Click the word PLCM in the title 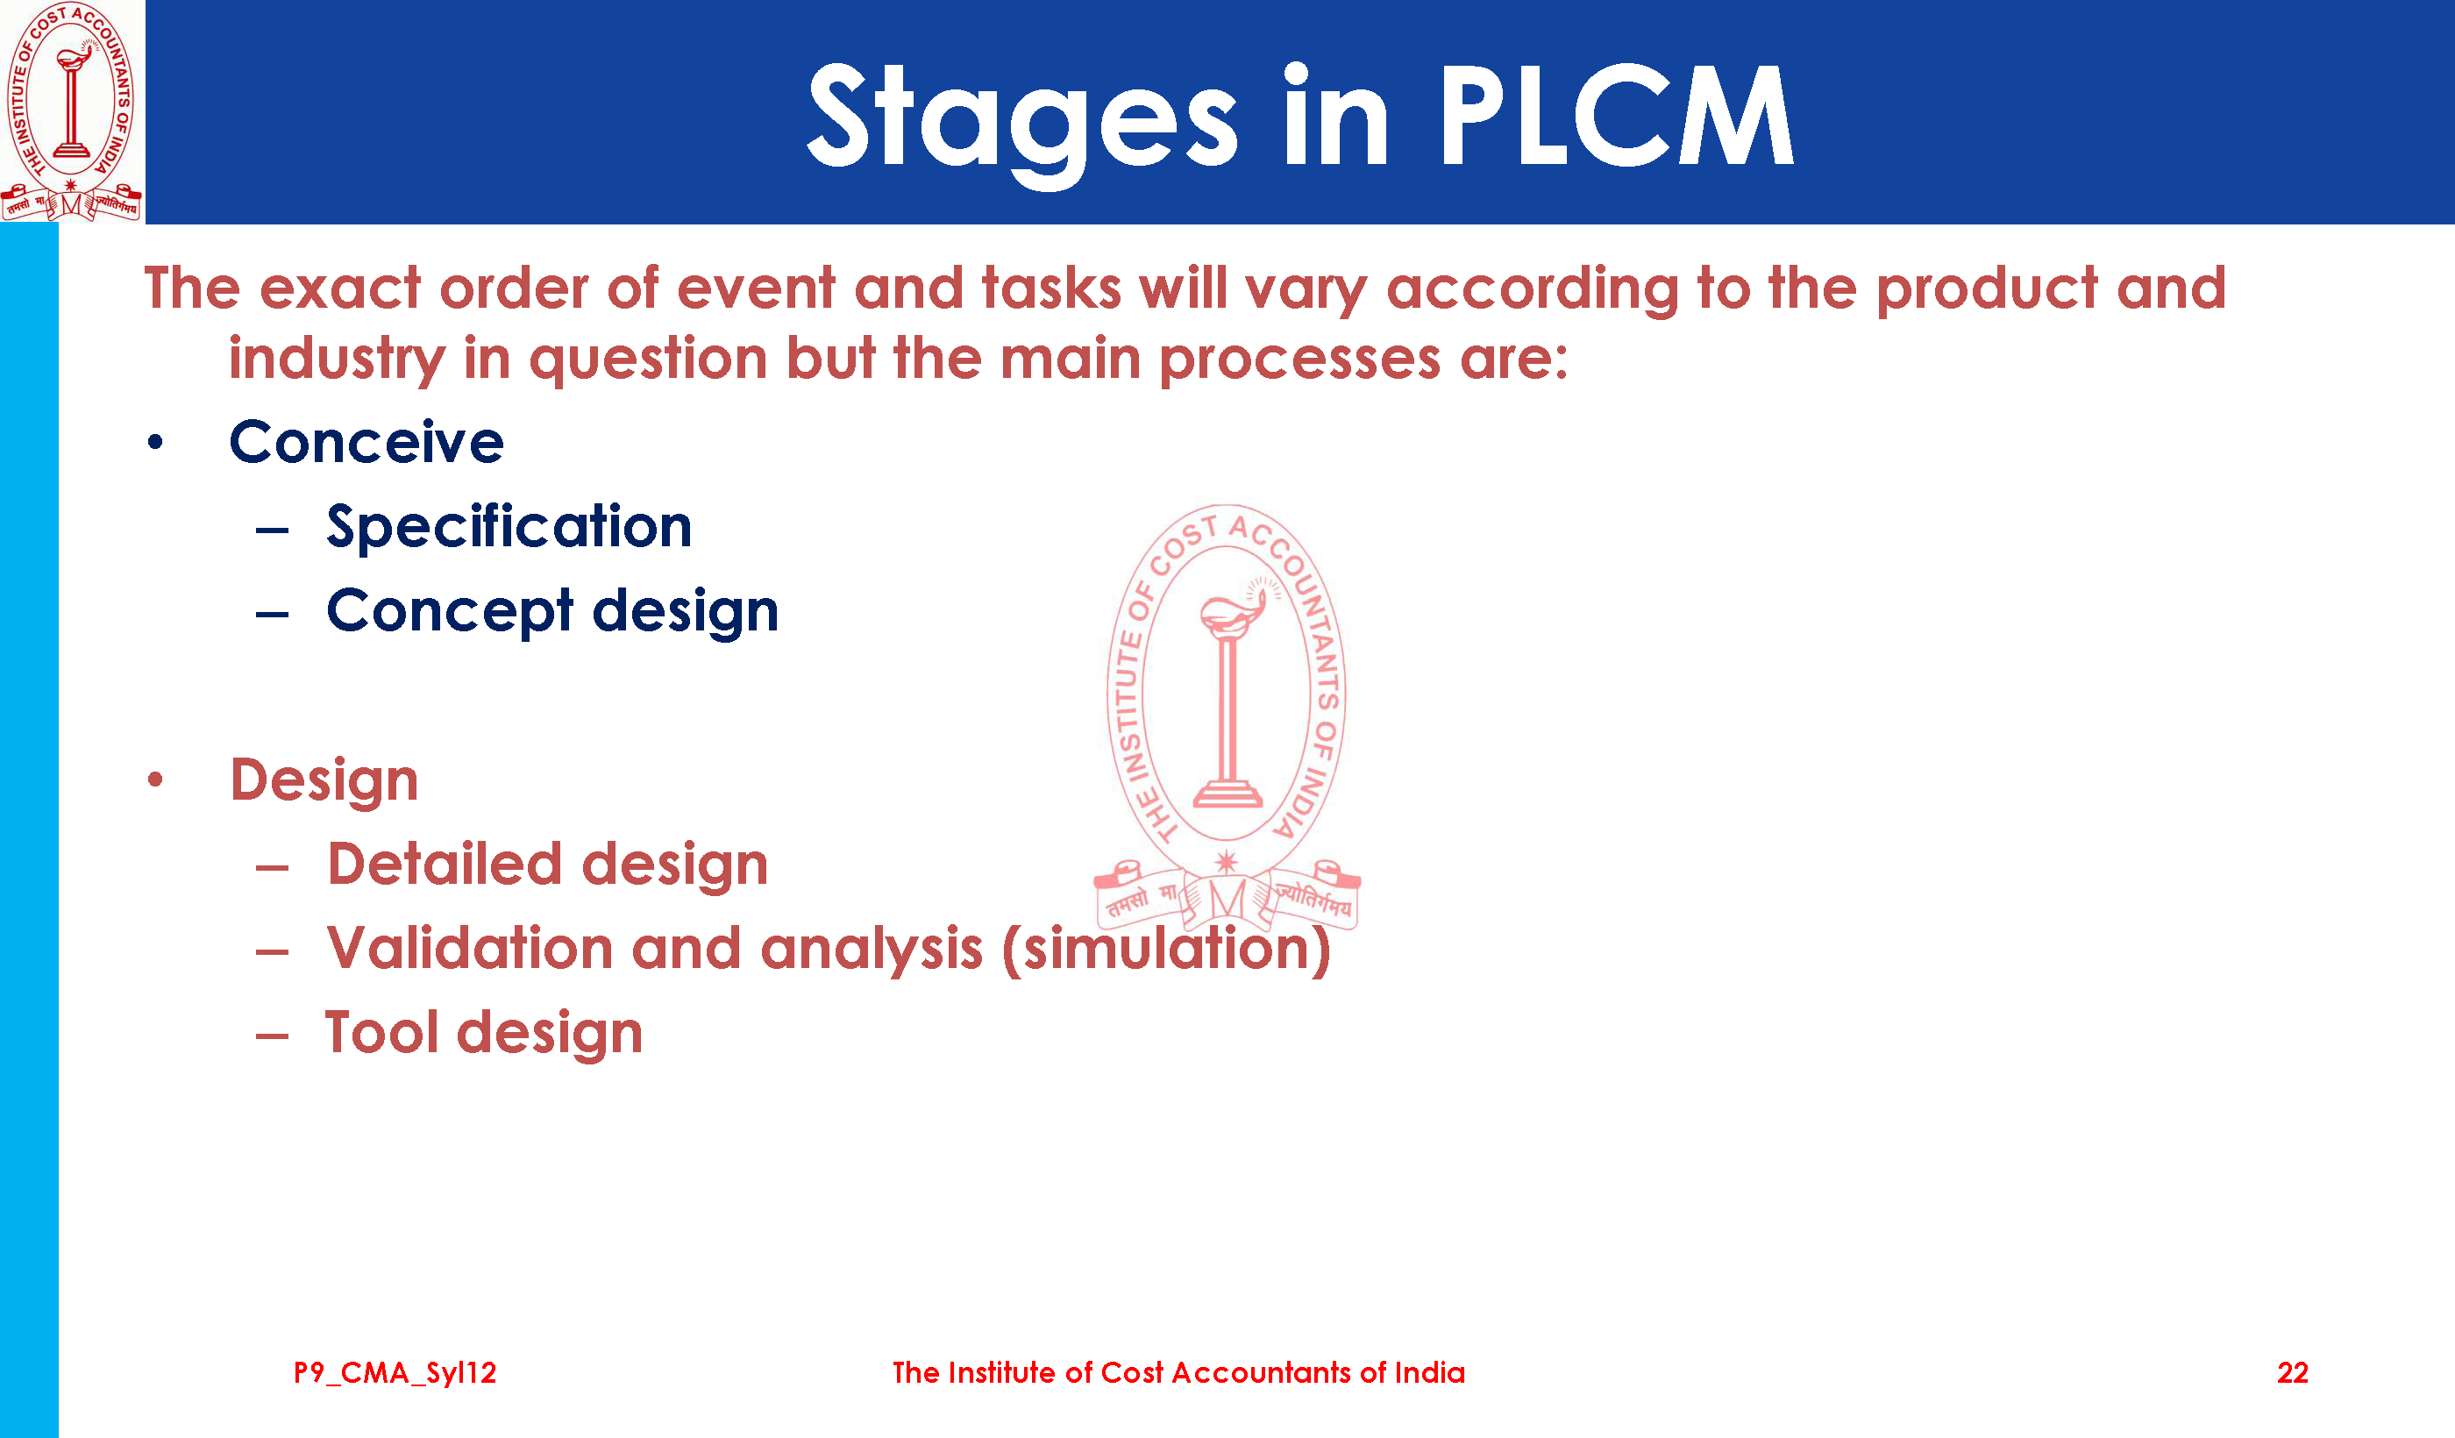tap(1617, 115)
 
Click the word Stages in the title tap(1023, 123)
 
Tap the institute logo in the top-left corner tap(71, 111)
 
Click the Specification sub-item tap(509, 527)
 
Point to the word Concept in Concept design tap(450, 612)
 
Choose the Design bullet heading tap(324, 781)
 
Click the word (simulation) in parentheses tap(1166, 949)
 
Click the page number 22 tap(2292, 1373)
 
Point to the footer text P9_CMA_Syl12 tap(395, 1374)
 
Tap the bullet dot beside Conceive tap(155, 444)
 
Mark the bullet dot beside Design tap(155, 780)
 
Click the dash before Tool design tap(272, 1036)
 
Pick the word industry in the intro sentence tap(337, 359)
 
